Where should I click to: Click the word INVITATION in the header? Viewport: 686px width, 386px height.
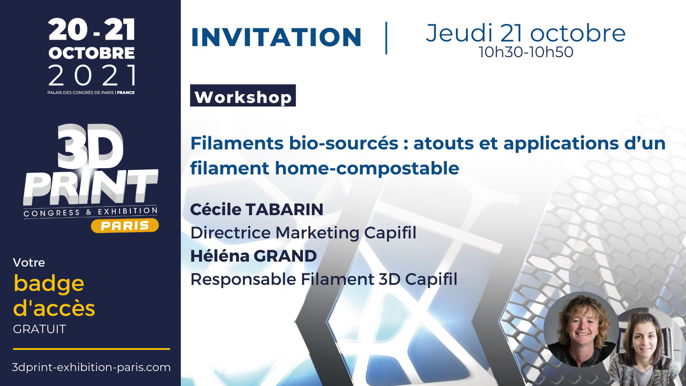pyautogui.click(x=276, y=37)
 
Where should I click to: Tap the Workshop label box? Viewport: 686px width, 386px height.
pyautogui.click(x=243, y=95)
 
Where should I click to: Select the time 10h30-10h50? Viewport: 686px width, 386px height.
pyautogui.click(x=526, y=52)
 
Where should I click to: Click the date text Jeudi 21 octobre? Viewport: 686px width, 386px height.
pyautogui.click(x=526, y=33)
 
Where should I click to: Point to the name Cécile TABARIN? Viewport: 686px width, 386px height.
pyautogui.click(x=257, y=209)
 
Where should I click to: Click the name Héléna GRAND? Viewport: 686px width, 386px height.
pyautogui.click(x=254, y=256)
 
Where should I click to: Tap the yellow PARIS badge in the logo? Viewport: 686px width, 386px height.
pyautogui.click(x=125, y=226)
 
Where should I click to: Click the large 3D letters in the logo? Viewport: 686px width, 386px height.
pyautogui.click(x=91, y=147)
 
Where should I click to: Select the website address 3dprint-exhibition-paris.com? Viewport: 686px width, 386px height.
pyautogui.click(x=91, y=367)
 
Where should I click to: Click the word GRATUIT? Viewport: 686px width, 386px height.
pyautogui.click(x=39, y=329)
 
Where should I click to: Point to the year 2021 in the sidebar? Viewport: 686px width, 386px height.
pyautogui.click(x=92, y=75)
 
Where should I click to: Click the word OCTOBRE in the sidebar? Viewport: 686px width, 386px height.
pyautogui.click(x=92, y=53)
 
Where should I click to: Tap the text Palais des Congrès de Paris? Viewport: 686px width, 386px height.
pyautogui.click(x=80, y=93)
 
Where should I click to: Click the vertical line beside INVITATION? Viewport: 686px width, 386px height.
pyautogui.click(x=386, y=38)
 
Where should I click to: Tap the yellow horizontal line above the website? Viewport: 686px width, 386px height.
pyautogui.click(x=91, y=349)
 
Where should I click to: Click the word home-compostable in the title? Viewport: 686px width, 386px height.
pyautogui.click(x=367, y=168)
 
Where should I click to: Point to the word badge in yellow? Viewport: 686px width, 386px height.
pyautogui.click(x=49, y=284)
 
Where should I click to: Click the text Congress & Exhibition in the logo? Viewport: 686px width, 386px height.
pyautogui.click(x=90, y=212)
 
